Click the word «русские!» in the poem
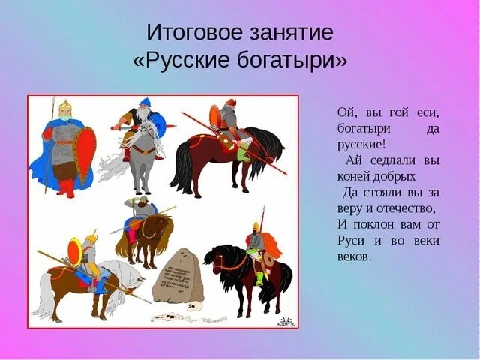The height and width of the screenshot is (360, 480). pos(362,145)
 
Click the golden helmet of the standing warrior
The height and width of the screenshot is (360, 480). pos(64,106)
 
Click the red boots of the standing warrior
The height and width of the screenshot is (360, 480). pos(66,187)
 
